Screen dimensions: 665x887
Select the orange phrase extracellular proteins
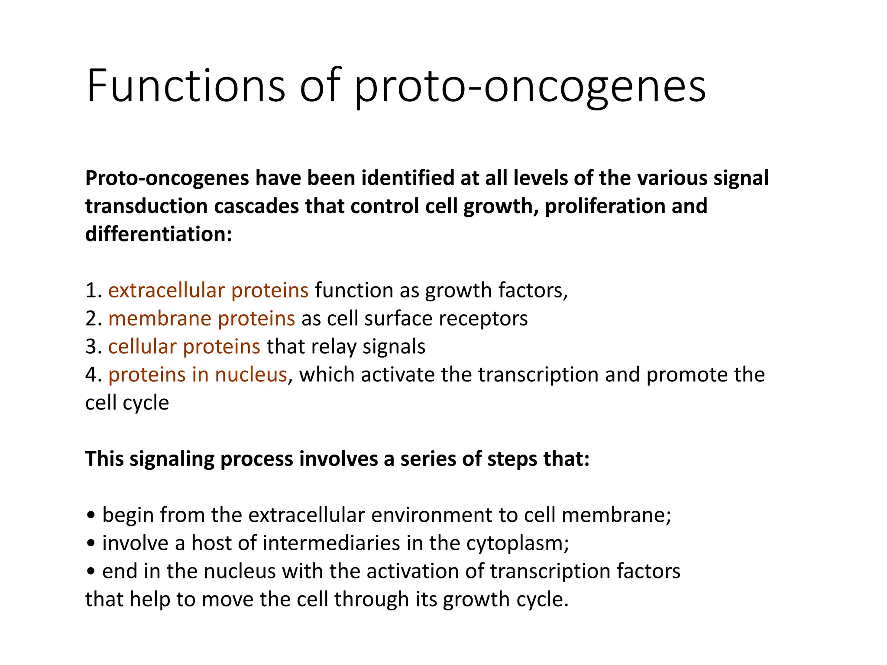208,290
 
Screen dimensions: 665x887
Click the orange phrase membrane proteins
201,318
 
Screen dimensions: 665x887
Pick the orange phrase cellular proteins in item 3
184,346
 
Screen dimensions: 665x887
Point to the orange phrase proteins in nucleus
197,374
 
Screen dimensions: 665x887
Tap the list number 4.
91,375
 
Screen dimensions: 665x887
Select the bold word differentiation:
159,234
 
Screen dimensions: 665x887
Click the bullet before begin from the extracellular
91,516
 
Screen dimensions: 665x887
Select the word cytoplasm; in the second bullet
518,544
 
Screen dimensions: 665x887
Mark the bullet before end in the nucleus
91,572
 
